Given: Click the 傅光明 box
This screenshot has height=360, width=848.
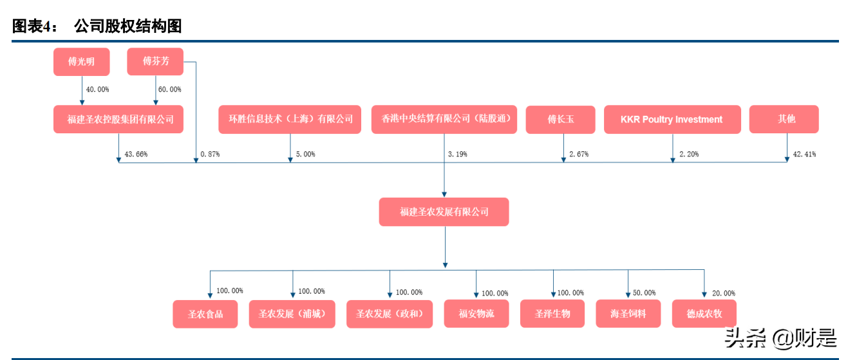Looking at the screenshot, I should pyautogui.click(x=82, y=62).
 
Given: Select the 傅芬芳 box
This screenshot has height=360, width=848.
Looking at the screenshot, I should pyautogui.click(x=156, y=62).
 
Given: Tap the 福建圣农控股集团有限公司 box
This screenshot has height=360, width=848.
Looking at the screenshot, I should pyautogui.click(x=118, y=119).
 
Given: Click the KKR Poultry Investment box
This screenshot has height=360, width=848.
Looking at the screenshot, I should pyautogui.click(x=672, y=120).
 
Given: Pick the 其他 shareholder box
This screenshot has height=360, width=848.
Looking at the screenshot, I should pyautogui.click(x=784, y=120).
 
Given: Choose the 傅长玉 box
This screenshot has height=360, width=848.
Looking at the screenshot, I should pyautogui.click(x=560, y=120).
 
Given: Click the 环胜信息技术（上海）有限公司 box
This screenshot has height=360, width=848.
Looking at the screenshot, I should pyautogui.click(x=290, y=120).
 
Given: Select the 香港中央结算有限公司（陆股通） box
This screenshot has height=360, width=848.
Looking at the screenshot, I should pyautogui.click(x=444, y=120).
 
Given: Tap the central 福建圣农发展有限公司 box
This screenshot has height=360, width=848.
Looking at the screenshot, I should pyautogui.click(x=444, y=212).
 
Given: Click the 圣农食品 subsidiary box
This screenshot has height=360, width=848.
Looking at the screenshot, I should pyautogui.click(x=205, y=314).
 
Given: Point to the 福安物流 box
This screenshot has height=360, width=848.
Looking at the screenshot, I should pyautogui.click(x=476, y=314).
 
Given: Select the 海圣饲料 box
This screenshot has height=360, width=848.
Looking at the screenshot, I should pyautogui.click(x=628, y=314).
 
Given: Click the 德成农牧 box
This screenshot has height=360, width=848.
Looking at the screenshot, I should pyautogui.click(x=704, y=314).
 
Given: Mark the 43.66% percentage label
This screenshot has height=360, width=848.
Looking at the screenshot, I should pyautogui.click(x=136, y=155).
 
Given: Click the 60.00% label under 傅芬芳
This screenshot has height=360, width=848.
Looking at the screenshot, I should pyautogui.click(x=169, y=90).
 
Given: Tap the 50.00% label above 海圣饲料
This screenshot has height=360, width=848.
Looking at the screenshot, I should pyautogui.click(x=644, y=292).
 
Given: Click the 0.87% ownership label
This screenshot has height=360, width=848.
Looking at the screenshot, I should pyautogui.click(x=210, y=155).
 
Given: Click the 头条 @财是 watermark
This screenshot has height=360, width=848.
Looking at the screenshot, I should pyautogui.click(x=780, y=337).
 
